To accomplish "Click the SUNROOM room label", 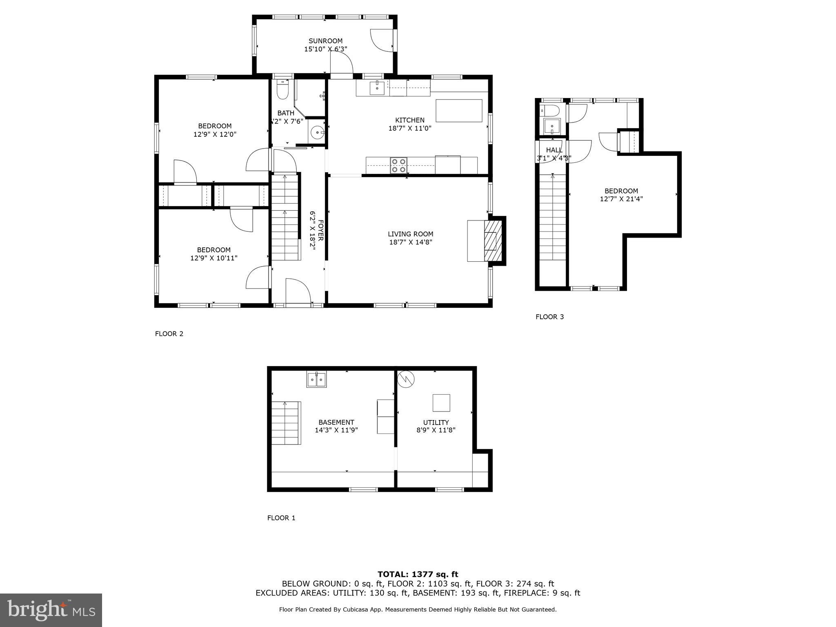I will tap(325, 41).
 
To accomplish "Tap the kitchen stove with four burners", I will tap(398, 165).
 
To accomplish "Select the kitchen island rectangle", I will tap(459, 110).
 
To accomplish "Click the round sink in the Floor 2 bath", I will tap(317, 132).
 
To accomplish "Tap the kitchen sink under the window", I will tap(377, 88).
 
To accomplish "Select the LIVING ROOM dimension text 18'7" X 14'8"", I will tap(410, 242).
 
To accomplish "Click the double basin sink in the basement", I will tap(317, 380).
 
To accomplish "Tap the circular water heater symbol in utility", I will tap(406, 379).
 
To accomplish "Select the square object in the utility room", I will tap(441, 403).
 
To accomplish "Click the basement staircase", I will tap(286, 423).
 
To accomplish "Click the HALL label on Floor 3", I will tap(554, 150).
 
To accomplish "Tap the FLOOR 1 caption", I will tap(281, 518).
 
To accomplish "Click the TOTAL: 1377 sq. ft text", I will tap(418, 574).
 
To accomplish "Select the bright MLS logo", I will tap(51, 610).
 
